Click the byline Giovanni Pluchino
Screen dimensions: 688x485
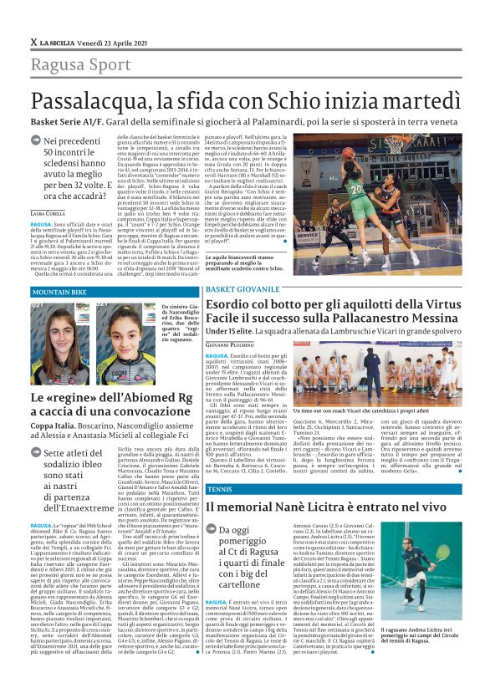click(228, 344)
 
